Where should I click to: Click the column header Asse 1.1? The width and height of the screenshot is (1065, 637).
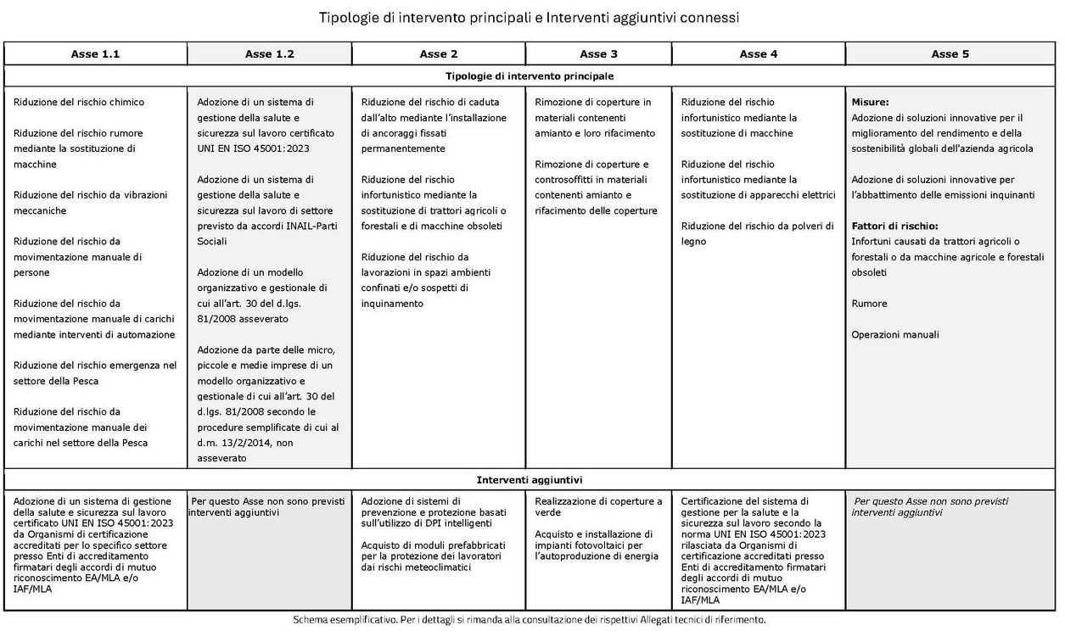point(95,54)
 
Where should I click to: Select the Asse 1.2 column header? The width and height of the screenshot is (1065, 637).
point(270,54)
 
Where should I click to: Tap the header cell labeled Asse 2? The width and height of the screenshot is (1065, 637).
point(439,54)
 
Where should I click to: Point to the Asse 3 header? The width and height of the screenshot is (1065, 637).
point(598,54)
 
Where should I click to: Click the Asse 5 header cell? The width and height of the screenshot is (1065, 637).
point(950,54)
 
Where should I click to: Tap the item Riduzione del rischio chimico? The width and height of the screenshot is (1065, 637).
point(79,103)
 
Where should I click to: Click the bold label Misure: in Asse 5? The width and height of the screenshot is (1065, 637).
point(870,103)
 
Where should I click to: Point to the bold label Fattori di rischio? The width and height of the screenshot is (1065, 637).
point(894,226)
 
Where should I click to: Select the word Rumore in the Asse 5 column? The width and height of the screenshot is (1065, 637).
point(869,304)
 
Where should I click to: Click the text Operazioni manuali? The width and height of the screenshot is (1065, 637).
point(895,335)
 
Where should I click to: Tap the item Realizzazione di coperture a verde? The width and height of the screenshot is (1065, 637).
point(598,507)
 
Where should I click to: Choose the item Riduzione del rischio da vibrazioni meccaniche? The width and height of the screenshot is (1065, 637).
point(90,203)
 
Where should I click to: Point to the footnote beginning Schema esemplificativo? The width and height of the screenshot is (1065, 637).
point(530,620)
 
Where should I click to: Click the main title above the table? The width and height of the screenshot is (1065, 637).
point(530,18)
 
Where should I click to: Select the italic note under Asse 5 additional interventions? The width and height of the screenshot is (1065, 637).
point(931,507)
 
